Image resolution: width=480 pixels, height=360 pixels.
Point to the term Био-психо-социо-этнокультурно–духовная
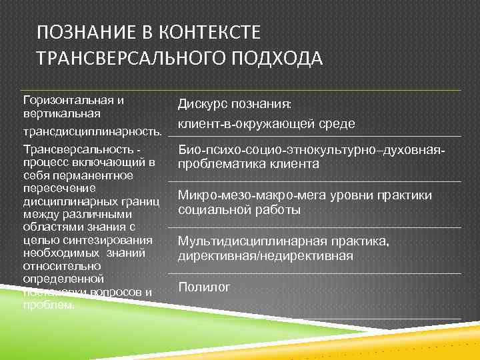[310, 151]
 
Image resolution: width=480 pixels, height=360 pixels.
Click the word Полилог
[203, 287]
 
